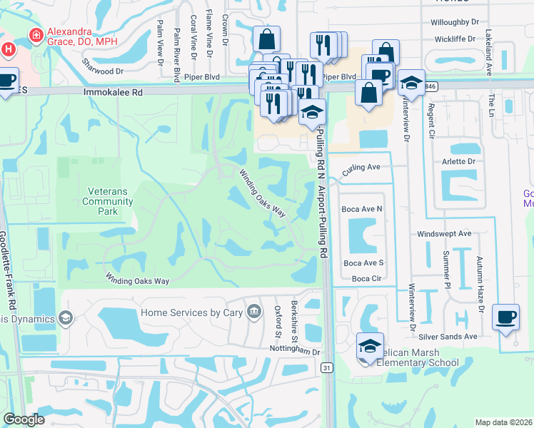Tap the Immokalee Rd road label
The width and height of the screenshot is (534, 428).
pos(112,93)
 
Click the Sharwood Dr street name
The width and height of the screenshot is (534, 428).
pos(102,71)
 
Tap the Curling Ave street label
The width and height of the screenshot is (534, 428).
pos(361,169)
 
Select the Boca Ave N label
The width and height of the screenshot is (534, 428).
pos(362,209)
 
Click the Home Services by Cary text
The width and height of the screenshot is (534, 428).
pos(191,312)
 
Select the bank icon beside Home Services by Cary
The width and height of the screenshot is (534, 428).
pos(253,312)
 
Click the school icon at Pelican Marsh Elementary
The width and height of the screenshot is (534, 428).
pos(371,347)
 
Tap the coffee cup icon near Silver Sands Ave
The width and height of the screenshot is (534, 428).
pos(505,317)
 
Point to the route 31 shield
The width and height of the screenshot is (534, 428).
pos(327,367)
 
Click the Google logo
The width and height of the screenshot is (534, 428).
pos(24,419)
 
